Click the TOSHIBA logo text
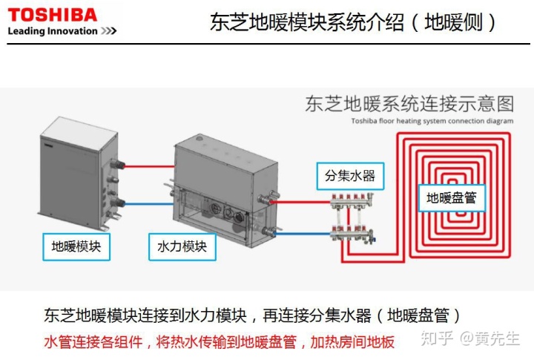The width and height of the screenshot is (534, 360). point(52,14)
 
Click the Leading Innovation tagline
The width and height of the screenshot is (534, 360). point(62,31)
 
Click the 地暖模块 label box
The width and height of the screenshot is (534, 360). point(76,246)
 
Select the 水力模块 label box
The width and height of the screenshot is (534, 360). point(182,246)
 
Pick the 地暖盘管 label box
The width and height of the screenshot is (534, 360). point(451,198)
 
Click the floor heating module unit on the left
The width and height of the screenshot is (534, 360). point(78,174)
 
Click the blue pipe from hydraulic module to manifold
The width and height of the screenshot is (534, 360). point(300,235)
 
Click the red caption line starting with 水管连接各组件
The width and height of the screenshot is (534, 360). point(220,341)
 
